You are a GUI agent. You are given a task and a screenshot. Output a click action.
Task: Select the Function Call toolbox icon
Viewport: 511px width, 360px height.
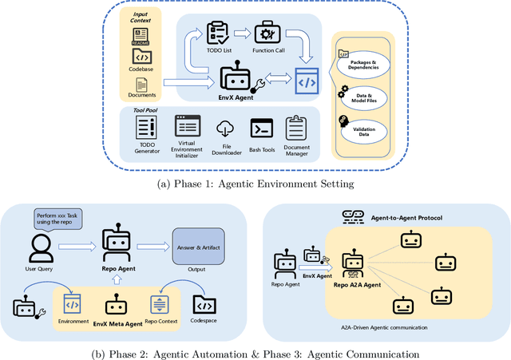click(x=264, y=34)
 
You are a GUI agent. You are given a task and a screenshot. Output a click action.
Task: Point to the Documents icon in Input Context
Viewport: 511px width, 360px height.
click(x=141, y=84)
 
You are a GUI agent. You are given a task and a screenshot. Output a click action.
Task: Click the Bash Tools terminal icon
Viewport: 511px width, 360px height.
click(x=262, y=129)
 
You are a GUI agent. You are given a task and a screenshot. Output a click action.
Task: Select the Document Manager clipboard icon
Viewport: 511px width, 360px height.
click(x=296, y=128)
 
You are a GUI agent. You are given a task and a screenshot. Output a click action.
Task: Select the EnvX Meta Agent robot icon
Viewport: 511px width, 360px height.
click(x=118, y=305)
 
